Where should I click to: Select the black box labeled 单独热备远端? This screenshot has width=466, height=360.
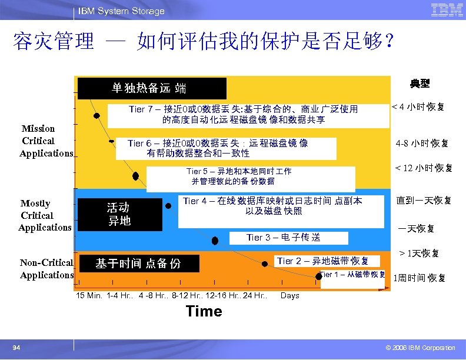point(152,89)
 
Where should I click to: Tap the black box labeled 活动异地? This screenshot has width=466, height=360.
point(120,214)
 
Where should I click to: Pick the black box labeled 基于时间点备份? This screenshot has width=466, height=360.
point(139,264)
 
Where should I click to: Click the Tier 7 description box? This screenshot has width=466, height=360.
point(244,115)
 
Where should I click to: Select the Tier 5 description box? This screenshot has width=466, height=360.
point(251,176)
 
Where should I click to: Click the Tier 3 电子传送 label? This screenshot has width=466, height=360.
point(283,238)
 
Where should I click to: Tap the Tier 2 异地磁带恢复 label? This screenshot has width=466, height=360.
point(323,261)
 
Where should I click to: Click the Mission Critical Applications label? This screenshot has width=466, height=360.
point(46,141)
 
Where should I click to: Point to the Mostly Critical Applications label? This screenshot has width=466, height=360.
point(45,215)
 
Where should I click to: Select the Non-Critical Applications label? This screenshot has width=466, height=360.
point(46,269)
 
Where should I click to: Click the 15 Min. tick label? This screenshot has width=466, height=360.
point(89,295)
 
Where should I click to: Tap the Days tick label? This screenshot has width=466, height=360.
point(290,295)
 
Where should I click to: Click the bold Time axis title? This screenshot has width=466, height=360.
point(204,312)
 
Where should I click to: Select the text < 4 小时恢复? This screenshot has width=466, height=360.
point(422,107)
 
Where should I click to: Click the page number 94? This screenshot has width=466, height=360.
point(16,348)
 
